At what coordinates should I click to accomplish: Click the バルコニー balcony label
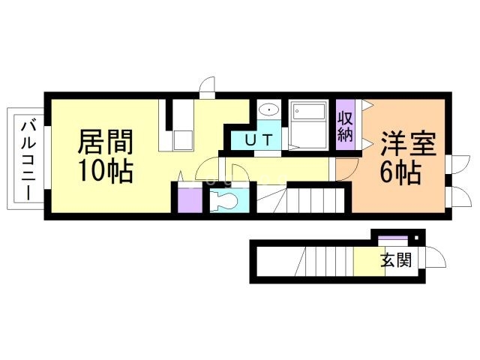click(x=27, y=158)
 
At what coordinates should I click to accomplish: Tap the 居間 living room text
click(x=106, y=141)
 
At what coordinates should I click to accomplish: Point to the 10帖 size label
click(x=106, y=172)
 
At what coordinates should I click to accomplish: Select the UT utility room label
click(x=256, y=140)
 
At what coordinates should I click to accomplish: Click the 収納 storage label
click(x=345, y=127)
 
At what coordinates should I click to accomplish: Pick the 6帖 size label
click(x=399, y=173)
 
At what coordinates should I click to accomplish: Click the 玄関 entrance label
click(x=394, y=262)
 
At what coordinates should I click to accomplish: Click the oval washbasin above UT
click(x=268, y=111)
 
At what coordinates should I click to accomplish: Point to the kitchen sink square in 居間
click(x=181, y=140)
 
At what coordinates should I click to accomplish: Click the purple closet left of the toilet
click(x=187, y=199)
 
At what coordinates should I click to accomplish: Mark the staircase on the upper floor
click(x=307, y=200)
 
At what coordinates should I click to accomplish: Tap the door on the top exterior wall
click(x=206, y=87)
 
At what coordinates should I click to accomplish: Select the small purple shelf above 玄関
click(x=391, y=239)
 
